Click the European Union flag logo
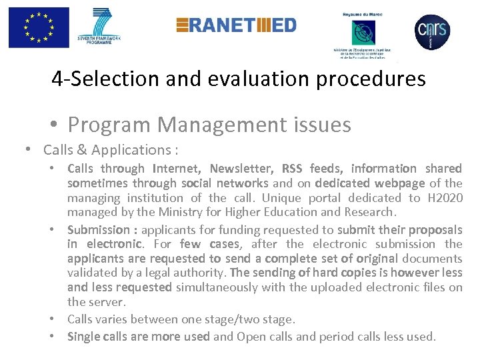pyautogui.click(x=39, y=27)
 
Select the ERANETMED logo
pyautogui.click(x=236, y=25)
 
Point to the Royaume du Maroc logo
pyautogui.click(x=363, y=33)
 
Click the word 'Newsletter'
pyautogui.click(x=242, y=169)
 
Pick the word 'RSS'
pyautogui.click(x=292, y=169)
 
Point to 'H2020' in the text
pyautogui.click(x=444, y=198)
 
